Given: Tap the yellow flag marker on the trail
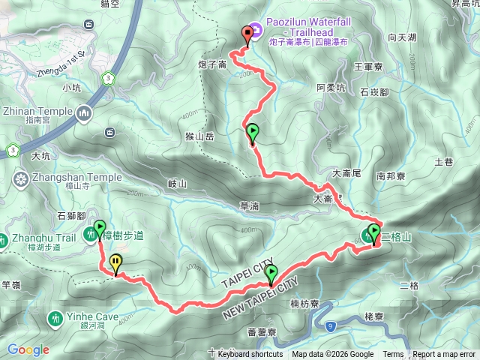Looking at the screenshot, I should pyautogui.click(x=115, y=263).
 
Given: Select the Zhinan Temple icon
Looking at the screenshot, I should pyautogui.click(x=82, y=113).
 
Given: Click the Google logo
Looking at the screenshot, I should pyautogui.click(x=28, y=349).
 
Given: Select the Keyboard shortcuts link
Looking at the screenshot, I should pyautogui.click(x=250, y=355).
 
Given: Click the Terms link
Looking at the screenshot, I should pyautogui.click(x=393, y=355).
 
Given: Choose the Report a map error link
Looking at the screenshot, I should pyautogui.click(x=445, y=355).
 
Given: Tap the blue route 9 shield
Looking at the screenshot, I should pyautogui.click(x=329, y=325).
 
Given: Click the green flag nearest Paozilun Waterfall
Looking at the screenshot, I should pyautogui.click(x=253, y=133).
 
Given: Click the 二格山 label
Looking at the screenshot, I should pyautogui.click(x=396, y=238).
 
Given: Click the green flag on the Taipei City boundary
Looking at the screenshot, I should pyautogui.click(x=271, y=274).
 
